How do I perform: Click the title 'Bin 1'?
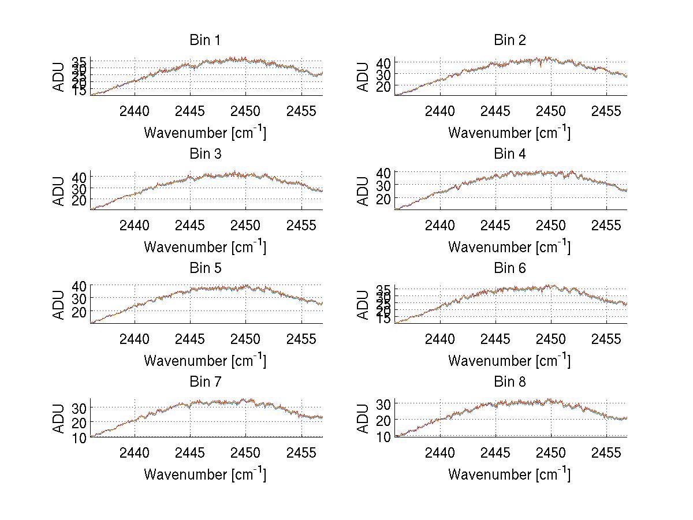pyautogui.click(x=205, y=40)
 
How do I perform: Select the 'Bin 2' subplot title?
pyautogui.click(x=510, y=40)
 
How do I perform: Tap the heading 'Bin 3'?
pyautogui.click(x=205, y=154)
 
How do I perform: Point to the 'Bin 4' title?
pyautogui.click(x=510, y=154)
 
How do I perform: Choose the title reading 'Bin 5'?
pyautogui.click(x=205, y=268)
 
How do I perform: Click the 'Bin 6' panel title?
pyautogui.click(x=510, y=268)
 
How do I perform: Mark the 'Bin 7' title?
pyautogui.click(x=205, y=382)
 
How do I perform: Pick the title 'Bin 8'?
pyautogui.click(x=510, y=382)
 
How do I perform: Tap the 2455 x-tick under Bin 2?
pyautogui.click(x=606, y=111)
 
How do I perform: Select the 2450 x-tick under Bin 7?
pyautogui.click(x=245, y=452)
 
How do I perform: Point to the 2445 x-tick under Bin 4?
pyautogui.click(x=495, y=225)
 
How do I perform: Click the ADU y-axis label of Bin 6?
pyautogui.click(x=363, y=305)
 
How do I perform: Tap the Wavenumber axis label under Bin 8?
pyautogui.click(x=509, y=474)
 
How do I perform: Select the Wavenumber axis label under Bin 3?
pyautogui.click(x=204, y=246)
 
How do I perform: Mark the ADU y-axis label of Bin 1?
pyautogui.click(x=59, y=77)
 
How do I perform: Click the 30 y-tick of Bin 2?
pyautogui.click(x=383, y=74)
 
